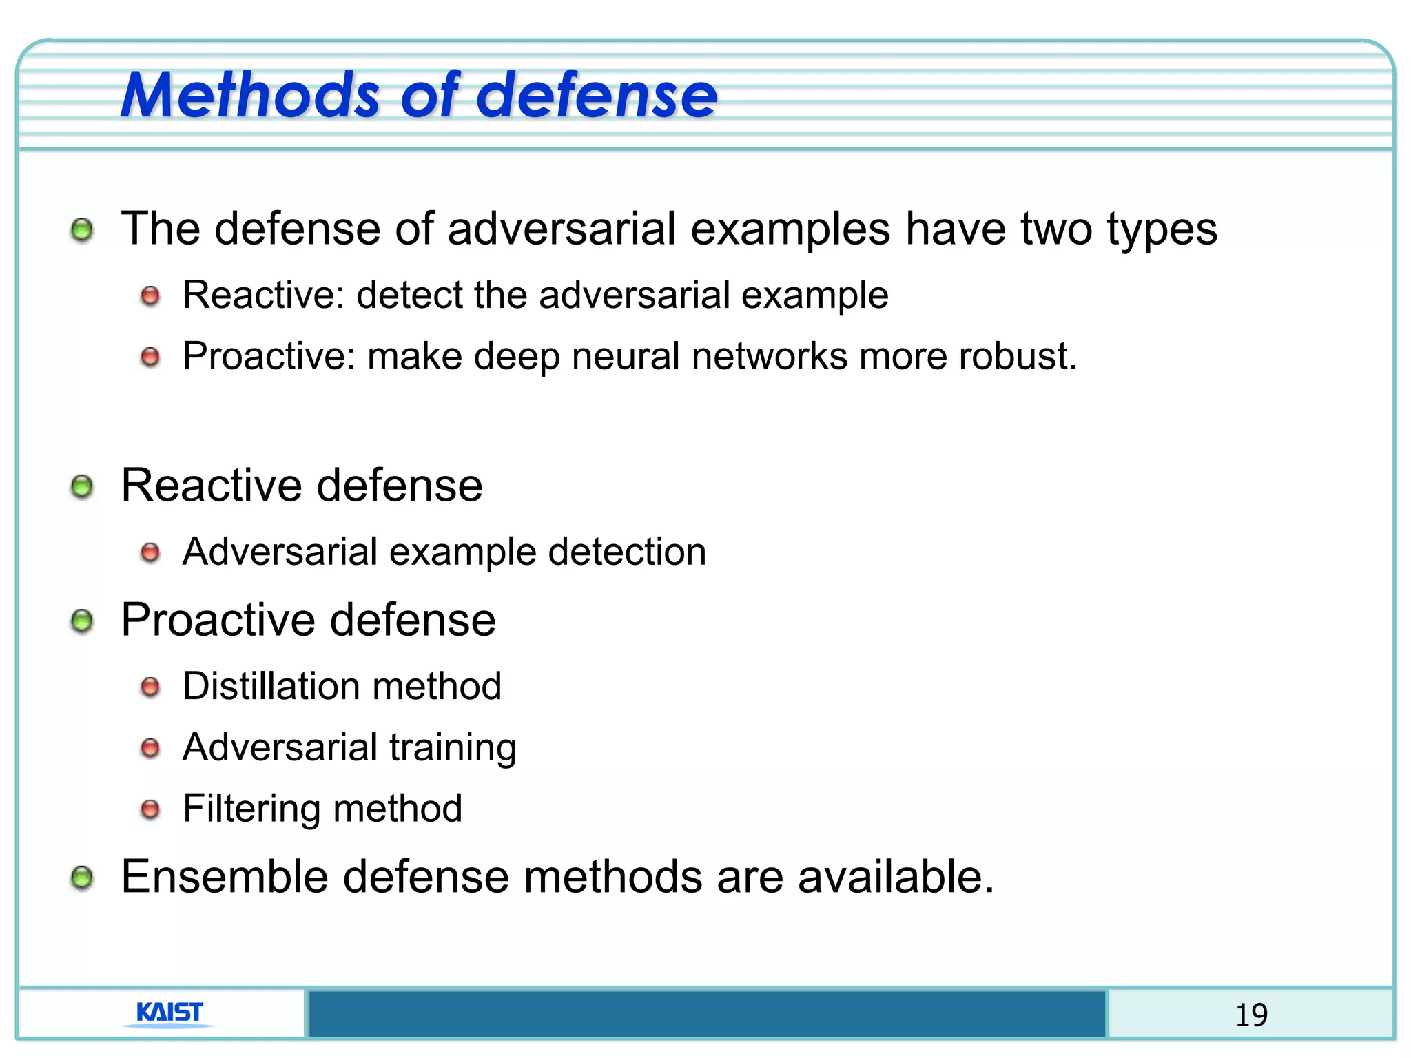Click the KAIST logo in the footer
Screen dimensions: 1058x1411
coord(169,1013)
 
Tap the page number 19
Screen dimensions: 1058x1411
coord(1250,1015)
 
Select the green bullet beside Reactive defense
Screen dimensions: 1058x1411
coord(82,487)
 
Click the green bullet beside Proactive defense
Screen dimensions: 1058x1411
coord(82,621)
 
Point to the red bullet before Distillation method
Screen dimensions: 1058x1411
coord(150,687)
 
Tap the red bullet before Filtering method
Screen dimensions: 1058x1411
coord(150,809)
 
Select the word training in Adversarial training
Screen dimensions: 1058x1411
coord(453,748)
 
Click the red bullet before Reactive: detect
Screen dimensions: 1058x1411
coord(150,297)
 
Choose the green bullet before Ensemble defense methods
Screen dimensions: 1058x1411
coord(82,878)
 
